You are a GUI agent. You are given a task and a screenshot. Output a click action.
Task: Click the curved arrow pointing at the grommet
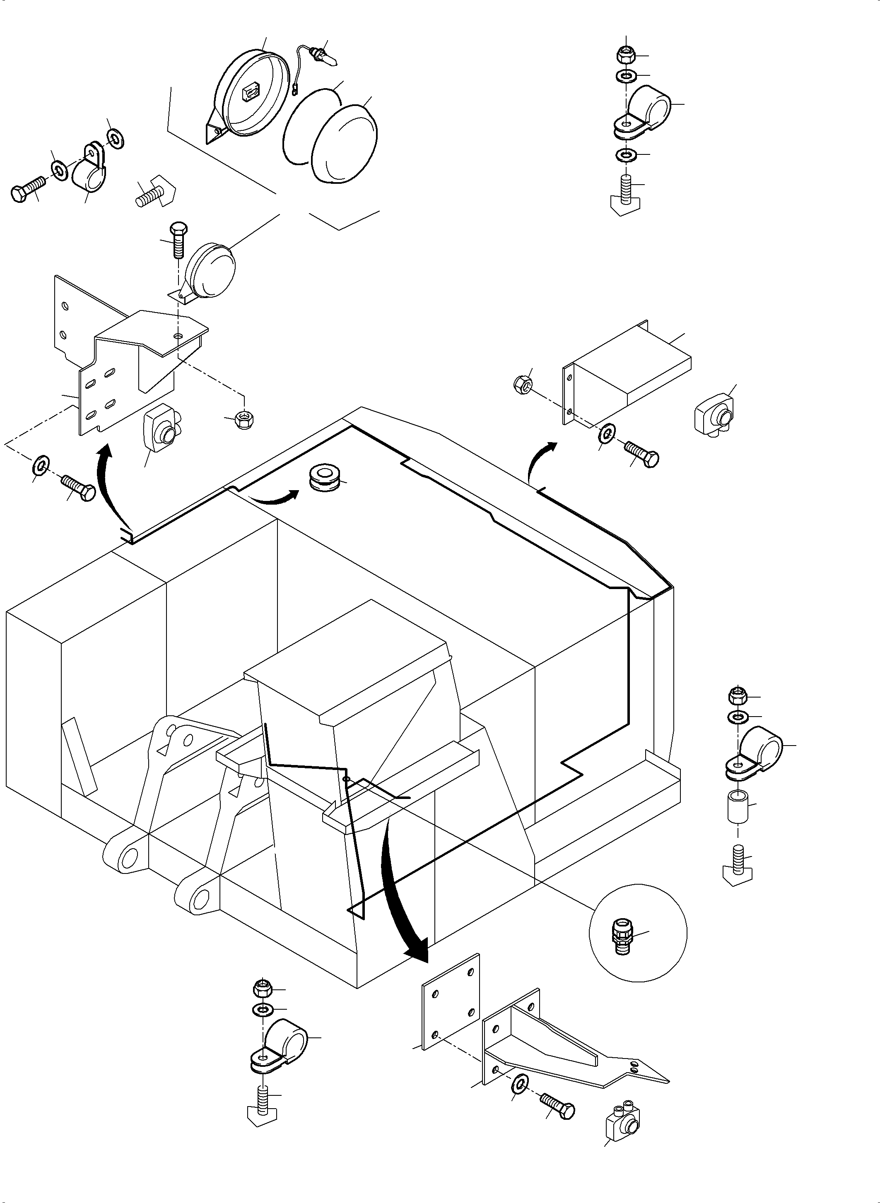coord(273,498)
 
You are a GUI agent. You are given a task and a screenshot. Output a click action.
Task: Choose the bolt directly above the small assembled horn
coord(177,240)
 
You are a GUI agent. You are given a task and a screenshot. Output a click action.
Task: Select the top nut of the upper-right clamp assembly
coord(625,54)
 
